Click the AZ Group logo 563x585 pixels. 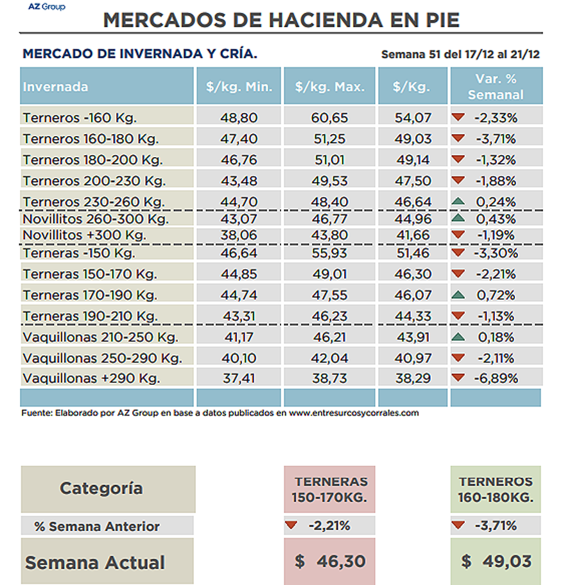(47, 6)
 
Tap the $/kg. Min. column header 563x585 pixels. (239, 86)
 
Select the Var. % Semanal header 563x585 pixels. (496, 86)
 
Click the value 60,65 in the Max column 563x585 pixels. (329, 118)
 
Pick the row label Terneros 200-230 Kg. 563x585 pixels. (94, 181)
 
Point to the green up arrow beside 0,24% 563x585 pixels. (458, 201)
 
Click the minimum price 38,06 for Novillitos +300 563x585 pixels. (239, 235)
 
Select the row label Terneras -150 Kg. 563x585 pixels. (79, 253)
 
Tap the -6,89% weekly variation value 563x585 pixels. (496, 378)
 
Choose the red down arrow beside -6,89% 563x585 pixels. (458, 378)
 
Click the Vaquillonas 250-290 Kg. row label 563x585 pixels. (102, 358)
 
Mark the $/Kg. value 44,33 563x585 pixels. (413, 316)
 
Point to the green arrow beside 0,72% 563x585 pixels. (458, 295)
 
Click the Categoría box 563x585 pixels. (108, 489)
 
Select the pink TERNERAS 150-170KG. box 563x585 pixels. (330, 489)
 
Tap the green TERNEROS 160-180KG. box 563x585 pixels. (496, 489)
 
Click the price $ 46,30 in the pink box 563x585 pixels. (330, 561)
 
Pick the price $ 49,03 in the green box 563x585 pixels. (496, 561)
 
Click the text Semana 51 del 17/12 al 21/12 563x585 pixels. (460, 55)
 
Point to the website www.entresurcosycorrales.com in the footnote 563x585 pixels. (354, 413)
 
